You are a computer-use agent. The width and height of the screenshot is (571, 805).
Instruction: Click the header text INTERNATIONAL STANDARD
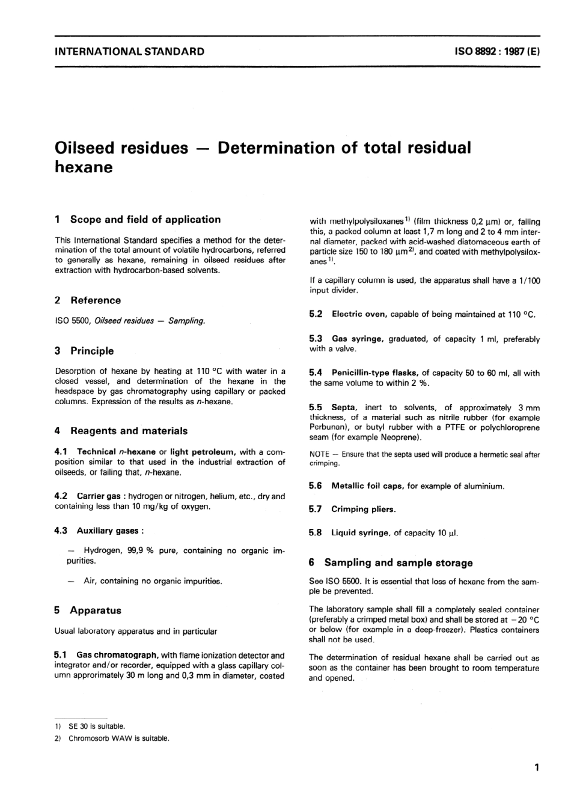(x=129, y=52)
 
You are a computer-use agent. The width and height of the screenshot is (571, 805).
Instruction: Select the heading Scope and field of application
(x=145, y=220)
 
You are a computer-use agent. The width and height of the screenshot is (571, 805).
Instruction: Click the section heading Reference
(x=95, y=300)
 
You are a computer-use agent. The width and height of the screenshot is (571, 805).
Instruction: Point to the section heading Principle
(x=91, y=351)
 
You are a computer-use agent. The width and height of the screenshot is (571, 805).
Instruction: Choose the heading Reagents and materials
(x=129, y=430)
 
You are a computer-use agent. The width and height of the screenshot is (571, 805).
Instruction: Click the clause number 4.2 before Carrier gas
(x=61, y=496)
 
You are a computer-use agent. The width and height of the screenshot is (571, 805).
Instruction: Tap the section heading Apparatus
(x=95, y=610)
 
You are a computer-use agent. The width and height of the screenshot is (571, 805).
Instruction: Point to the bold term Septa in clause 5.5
(x=344, y=407)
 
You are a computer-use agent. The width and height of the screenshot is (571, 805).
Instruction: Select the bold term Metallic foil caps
(x=367, y=486)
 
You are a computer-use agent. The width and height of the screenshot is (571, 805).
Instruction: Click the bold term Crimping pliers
(x=363, y=509)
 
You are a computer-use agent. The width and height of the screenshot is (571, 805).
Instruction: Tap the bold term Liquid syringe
(x=359, y=532)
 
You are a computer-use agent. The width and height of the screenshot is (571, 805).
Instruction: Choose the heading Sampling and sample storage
(x=398, y=562)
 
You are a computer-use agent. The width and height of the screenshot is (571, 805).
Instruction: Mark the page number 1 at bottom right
(x=536, y=767)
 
